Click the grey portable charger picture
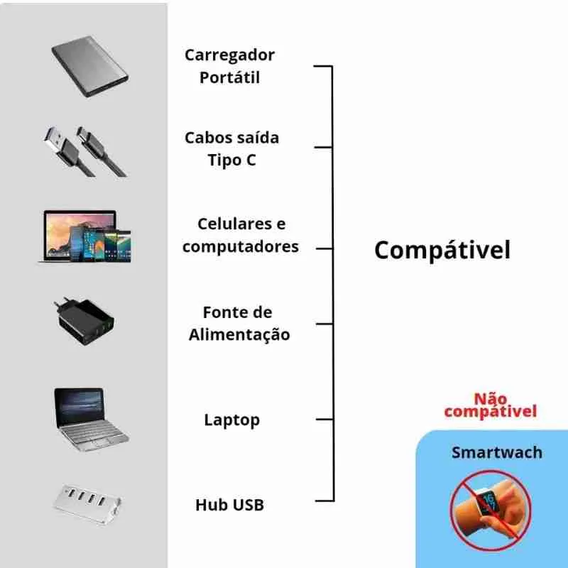[x=89, y=69]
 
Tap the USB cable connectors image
[x=84, y=151]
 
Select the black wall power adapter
[x=84, y=324]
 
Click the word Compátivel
[x=442, y=250]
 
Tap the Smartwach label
[x=497, y=452]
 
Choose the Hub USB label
[x=229, y=505]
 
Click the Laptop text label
[x=231, y=420]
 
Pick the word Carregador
[x=229, y=55]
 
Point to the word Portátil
[x=229, y=77]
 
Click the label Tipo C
[x=231, y=160]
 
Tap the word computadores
[x=240, y=246]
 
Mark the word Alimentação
[x=239, y=334]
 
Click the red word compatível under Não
[x=490, y=411]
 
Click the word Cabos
[x=208, y=137]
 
